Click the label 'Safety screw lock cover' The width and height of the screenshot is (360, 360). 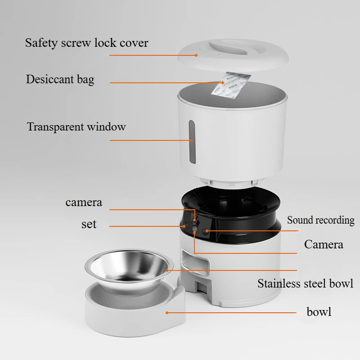click(x=86, y=43)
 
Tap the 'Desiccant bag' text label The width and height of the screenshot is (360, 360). click(x=60, y=80)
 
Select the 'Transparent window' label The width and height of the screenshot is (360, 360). click(x=76, y=126)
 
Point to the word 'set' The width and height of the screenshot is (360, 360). click(x=89, y=224)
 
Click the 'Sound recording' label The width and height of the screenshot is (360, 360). click(x=320, y=220)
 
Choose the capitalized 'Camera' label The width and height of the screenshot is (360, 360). click(x=323, y=244)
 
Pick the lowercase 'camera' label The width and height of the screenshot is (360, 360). click(x=84, y=202)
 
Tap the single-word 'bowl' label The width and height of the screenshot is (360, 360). click(x=319, y=311)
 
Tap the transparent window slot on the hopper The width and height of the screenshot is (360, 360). click(x=192, y=140)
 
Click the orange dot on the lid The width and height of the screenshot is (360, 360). click(x=196, y=55)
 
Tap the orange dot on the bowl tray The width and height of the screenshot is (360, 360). click(x=166, y=311)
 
